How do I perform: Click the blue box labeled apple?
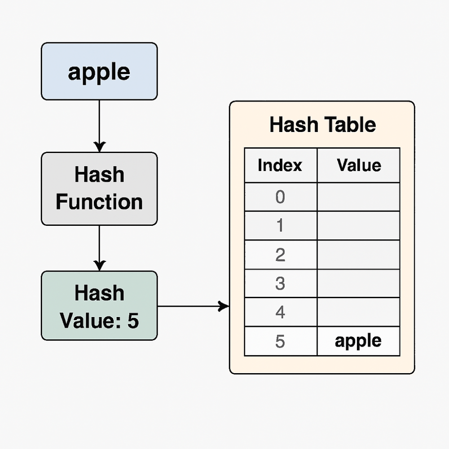[99, 71]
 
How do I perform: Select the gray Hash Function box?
[99, 189]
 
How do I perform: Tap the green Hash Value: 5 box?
[99, 306]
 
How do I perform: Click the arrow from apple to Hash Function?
[99, 126]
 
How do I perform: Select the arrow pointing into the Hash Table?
[193, 307]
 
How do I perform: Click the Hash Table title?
[322, 124]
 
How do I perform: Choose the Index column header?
[280, 165]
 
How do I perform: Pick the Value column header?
[358, 165]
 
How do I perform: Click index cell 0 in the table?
[280, 197]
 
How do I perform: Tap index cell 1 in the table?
[280, 225]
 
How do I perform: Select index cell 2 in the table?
[280, 255]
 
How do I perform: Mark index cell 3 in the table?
[280, 283]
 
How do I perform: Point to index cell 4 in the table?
[280, 312]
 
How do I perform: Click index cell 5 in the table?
[280, 341]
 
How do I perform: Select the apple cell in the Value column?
[358, 341]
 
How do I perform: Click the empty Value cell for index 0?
[358, 197]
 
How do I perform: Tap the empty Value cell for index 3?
[358, 283]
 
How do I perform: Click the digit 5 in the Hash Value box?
[133, 321]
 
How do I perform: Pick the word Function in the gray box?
[99, 202]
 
